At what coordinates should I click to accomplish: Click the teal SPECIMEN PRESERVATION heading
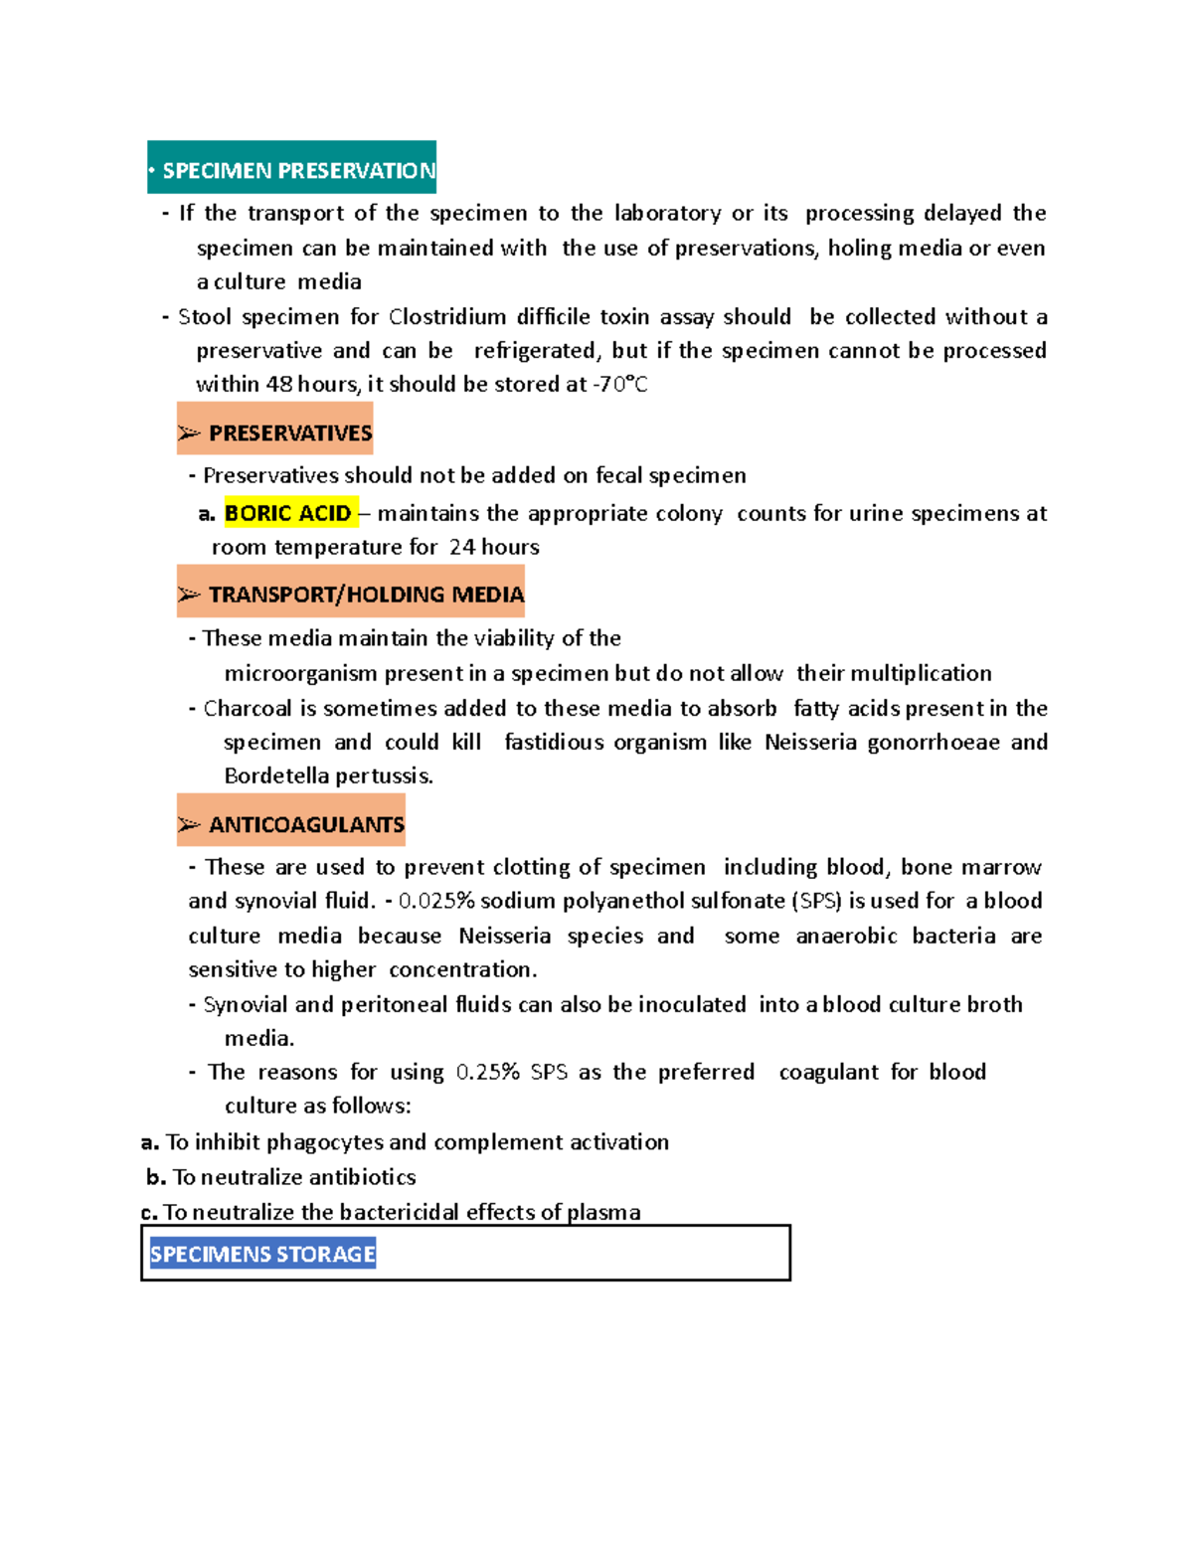(292, 170)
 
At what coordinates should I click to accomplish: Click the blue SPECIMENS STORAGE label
(262, 1254)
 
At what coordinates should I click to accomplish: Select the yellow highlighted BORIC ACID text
(288, 513)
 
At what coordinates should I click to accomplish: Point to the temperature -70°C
(620, 384)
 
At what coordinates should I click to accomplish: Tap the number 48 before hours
(279, 384)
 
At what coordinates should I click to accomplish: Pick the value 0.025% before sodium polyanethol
(436, 901)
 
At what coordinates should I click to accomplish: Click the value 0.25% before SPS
(487, 1072)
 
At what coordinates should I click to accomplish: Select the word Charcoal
(248, 708)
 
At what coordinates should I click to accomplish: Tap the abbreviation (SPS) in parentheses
(816, 901)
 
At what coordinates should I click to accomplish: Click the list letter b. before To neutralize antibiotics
(156, 1177)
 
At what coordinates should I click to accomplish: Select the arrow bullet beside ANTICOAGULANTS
(189, 824)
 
